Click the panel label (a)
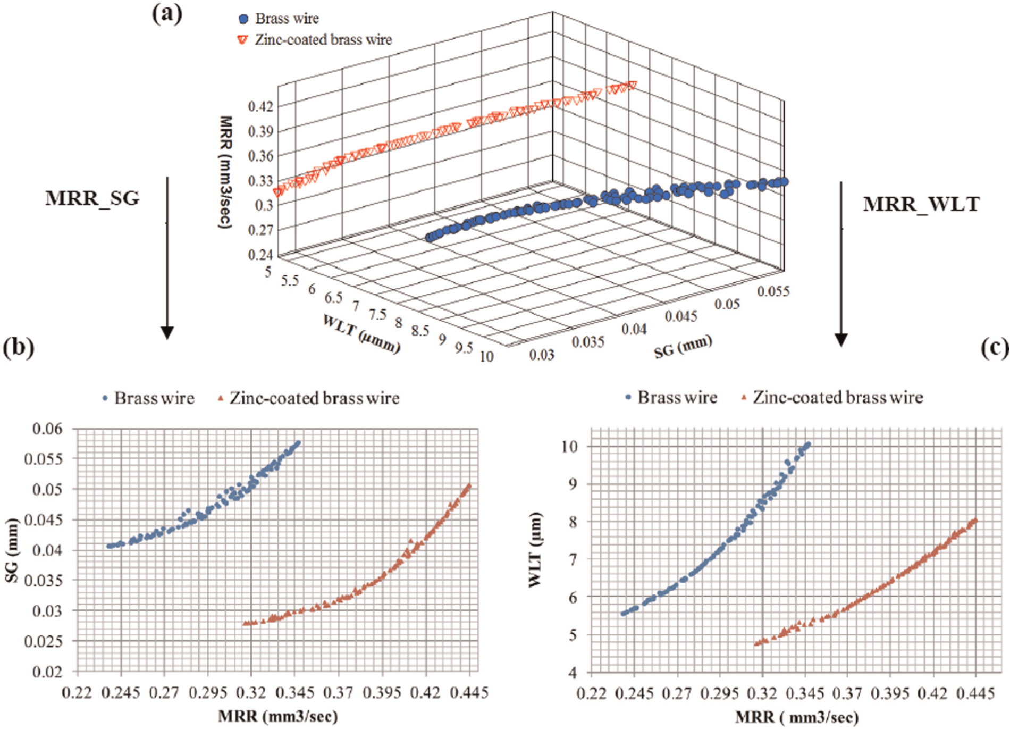click(x=167, y=14)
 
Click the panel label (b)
click(x=19, y=348)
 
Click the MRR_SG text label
click(x=92, y=198)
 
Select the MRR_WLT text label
click(x=921, y=204)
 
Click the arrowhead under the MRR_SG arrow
click(x=167, y=333)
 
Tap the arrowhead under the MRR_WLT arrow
click(x=841, y=340)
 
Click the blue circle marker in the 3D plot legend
click(x=244, y=19)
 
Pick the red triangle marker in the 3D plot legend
click(x=243, y=40)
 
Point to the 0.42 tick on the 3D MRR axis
click(x=260, y=106)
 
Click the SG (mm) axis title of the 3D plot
click(x=683, y=347)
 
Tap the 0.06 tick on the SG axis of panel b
click(x=47, y=429)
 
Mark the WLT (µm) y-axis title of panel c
click(x=535, y=550)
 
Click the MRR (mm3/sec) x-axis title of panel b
click(x=278, y=717)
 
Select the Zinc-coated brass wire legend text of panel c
click(x=838, y=397)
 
